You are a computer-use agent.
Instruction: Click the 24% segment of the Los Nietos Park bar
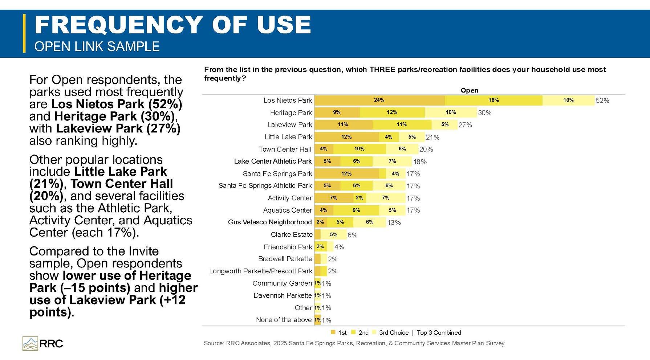[379, 100]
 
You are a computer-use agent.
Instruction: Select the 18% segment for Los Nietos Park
[493, 100]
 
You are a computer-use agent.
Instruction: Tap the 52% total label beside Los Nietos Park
[602, 101]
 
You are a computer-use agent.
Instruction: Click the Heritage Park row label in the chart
[291, 112]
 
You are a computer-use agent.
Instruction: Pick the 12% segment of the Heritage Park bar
[392, 112]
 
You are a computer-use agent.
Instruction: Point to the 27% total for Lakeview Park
[465, 125]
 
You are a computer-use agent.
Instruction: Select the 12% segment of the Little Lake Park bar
[347, 137]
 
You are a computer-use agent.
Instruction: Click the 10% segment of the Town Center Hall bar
[359, 149]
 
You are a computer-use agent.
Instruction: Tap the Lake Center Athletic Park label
[273, 161]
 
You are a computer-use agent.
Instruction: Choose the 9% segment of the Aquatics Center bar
[356, 210]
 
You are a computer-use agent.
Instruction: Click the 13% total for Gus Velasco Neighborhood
[394, 222]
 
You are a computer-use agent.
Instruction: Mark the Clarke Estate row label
[292, 234]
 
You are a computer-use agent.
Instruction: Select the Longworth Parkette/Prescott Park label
[261, 271]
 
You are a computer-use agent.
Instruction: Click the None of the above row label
[284, 320]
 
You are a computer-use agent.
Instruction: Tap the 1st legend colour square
[333, 332]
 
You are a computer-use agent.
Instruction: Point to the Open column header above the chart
[469, 90]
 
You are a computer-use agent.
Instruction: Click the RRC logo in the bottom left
[43, 343]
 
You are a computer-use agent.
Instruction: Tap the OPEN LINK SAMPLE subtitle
[97, 46]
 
